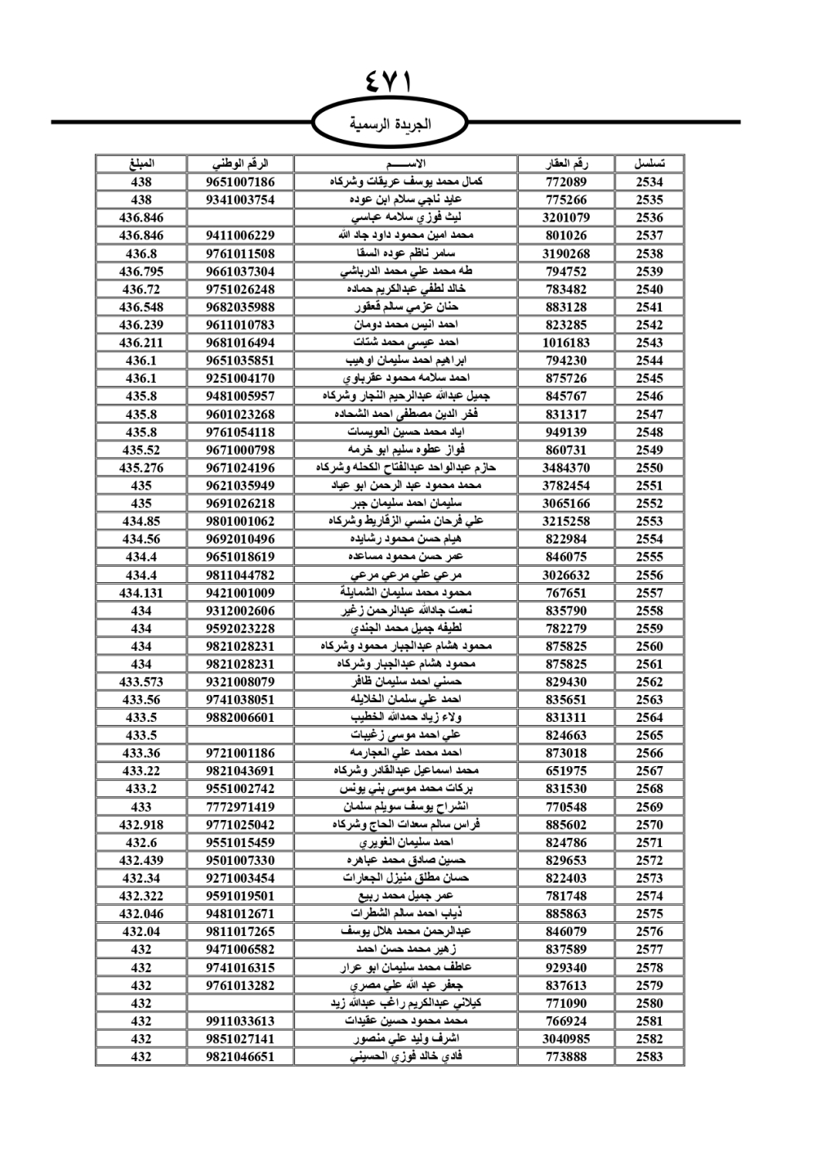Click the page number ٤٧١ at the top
click(x=390, y=83)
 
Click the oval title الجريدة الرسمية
click(x=390, y=124)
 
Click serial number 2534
click(x=650, y=182)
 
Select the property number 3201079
click(x=566, y=217)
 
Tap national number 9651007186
click(x=240, y=182)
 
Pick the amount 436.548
click(x=141, y=307)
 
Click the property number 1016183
click(x=566, y=343)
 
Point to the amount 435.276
click(x=141, y=468)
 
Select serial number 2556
click(x=650, y=575)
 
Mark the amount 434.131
click(x=141, y=593)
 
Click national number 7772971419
click(x=240, y=807)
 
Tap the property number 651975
click(x=566, y=771)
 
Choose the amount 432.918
click(x=141, y=825)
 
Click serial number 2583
click(x=650, y=1056)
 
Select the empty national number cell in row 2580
click(x=240, y=1003)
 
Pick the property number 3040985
click(x=566, y=1038)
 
